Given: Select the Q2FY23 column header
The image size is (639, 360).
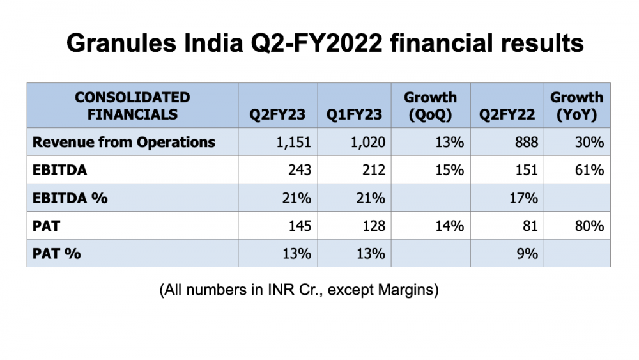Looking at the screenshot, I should pos(280,115).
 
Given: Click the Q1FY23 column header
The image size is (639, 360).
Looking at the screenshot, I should pos(354,115).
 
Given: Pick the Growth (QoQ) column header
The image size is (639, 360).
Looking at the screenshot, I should pos(430,106).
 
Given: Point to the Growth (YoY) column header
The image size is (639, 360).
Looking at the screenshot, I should pos(576,106).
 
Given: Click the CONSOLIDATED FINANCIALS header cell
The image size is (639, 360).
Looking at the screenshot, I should pos(132,106).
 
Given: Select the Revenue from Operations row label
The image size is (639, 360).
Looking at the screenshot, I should pos(124,142).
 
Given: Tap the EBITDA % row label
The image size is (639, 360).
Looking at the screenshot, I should pos(70,198).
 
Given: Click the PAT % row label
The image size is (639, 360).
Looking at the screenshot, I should pos(57,253).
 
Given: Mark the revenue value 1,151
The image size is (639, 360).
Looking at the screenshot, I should pos(293,142).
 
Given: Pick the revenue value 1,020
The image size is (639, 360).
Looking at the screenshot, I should pos(367,142).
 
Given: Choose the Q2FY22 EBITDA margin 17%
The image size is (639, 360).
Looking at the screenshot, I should pos(524,198).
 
